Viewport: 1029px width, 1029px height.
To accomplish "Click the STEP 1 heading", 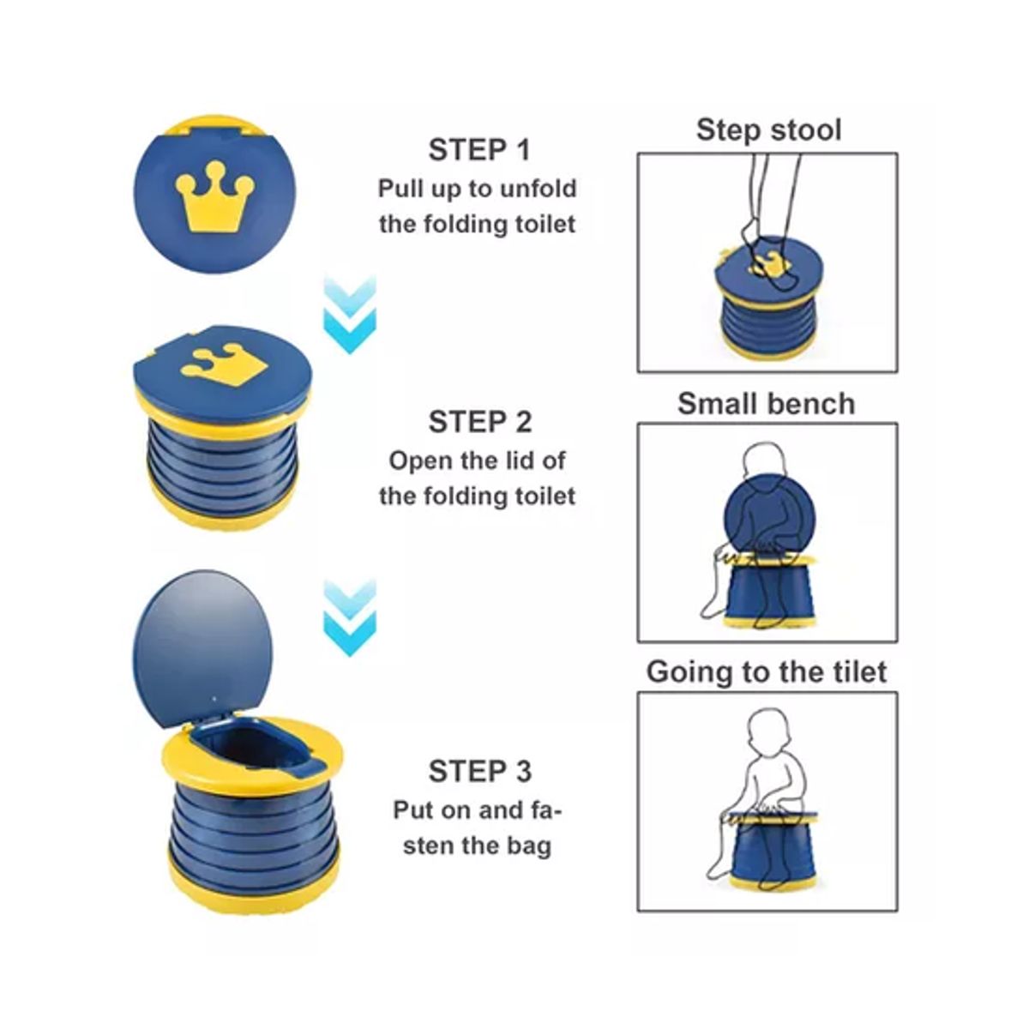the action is (479, 151).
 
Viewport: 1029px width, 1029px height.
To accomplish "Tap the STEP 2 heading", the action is (480, 422).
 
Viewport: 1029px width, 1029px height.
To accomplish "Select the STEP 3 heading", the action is (480, 771).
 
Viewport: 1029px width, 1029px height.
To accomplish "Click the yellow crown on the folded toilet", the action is (214, 196).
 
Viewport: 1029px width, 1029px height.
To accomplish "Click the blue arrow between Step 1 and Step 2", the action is (350, 315).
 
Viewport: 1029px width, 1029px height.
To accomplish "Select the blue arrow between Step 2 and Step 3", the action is (350, 618).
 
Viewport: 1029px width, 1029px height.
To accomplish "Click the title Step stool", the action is (768, 130).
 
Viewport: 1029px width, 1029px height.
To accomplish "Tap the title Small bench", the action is (767, 404).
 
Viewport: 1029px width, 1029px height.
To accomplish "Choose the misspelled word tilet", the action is (861, 671).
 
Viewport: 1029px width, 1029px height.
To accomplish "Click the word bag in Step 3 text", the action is (529, 847).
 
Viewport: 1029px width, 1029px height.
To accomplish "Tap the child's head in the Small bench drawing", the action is (767, 462).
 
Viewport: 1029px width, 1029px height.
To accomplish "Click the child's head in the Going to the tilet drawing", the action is (768, 734).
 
